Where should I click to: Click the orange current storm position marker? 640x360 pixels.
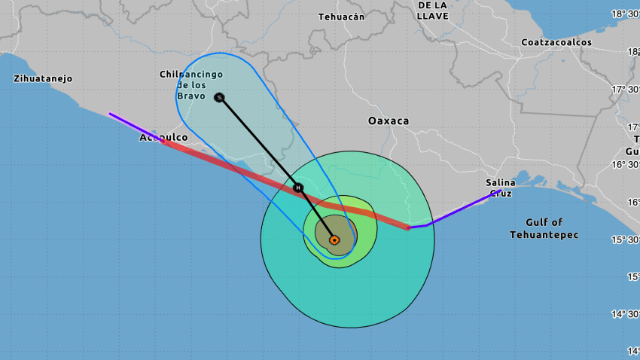pyautogui.click(x=334, y=240)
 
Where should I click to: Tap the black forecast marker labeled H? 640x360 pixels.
pyautogui.click(x=298, y=188)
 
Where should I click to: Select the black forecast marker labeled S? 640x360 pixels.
pyautogui.click(x=219, y=97)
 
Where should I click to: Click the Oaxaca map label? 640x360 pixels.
pyautogui.click(x=389, y=121)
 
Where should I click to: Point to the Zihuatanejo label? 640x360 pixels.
pyautogui.click(x=42, y=78)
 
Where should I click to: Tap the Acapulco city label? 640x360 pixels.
pyautogui.click(x=163, y=138)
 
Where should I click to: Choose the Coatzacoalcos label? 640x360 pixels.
pyautogui.click(x=556, y=42)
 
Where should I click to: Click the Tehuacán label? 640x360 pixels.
pyautogui.click(x=341, y=17)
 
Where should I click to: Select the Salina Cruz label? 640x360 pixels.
pyautogui.click(x=501, y=188)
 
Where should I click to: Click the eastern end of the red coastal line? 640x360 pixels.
pyautogui.click(x=407, y=227)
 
